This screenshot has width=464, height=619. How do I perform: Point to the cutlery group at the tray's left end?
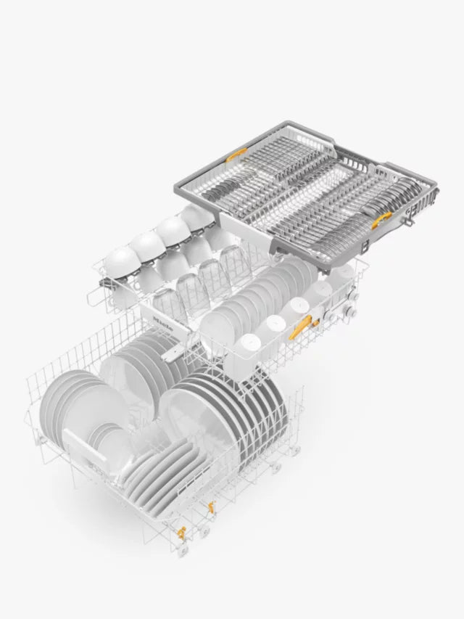217,196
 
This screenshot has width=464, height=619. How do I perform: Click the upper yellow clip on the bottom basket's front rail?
210,508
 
